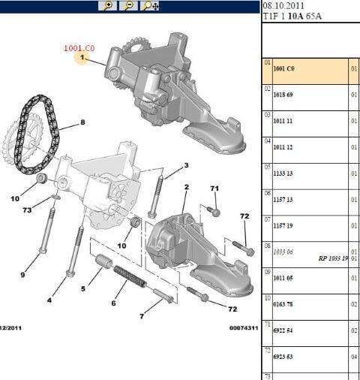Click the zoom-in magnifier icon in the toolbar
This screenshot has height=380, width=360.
[109, 6]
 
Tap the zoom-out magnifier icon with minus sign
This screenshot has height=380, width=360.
[129, 6]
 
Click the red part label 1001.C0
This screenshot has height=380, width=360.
[79, 47]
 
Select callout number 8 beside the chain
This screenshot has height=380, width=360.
[82, 122]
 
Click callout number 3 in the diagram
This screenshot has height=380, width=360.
[186, 165]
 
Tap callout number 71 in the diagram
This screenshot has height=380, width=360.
[214, 188]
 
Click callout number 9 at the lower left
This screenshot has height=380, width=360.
[22, 274]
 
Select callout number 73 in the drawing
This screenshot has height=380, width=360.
[27, 212]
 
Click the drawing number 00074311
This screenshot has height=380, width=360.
[243, 327]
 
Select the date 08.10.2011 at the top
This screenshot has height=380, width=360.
[282, 5]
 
